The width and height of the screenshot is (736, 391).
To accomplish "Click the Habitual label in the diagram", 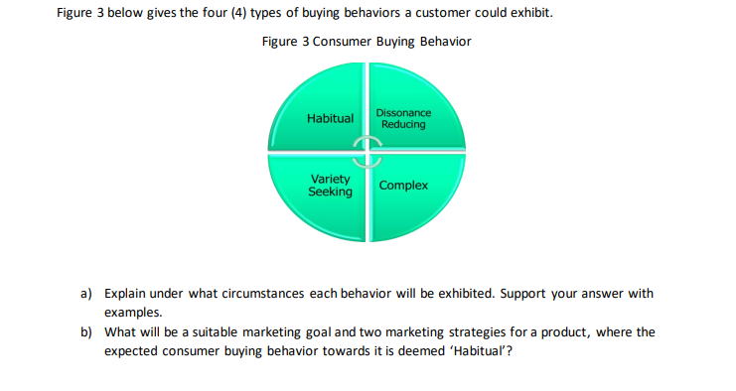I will (x=330, y=118).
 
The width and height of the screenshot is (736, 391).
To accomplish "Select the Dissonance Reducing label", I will (x=403, y=119).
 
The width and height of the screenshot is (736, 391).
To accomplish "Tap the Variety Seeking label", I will (x=330, y=186).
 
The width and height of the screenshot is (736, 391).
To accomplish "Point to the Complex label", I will (x=403, y=186).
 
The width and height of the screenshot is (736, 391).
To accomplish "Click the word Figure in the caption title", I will (x=281, y=42).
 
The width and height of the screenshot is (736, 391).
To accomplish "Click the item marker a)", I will (x=86, y=295).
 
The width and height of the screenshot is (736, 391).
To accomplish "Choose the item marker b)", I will (x=86, y=331).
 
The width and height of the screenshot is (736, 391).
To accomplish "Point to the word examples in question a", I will (x=132, y=313).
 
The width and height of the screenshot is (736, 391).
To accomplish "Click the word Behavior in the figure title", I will (x=444, y=42).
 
